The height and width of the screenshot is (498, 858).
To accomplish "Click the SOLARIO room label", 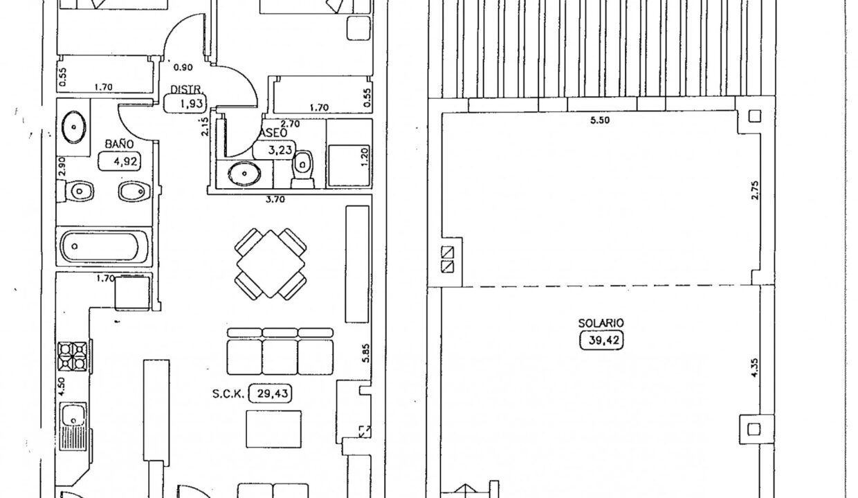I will pyautogui.click(x=601, y=323).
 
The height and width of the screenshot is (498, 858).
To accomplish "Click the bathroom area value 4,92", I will pyautogui.click(x=115, y=163).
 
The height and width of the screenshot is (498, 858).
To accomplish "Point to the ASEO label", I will pyautogui.click(x=270, y=132).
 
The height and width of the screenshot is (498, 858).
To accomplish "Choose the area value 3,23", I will pyautogui.click(x=275, y=149).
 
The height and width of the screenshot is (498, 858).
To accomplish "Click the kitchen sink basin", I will pyautogui.click(x=72, y=416).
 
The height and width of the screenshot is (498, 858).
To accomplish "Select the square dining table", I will pyautogui.click(x=271, y=264).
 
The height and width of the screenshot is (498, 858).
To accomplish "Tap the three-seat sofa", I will pyautogui.click(x=280, y=351).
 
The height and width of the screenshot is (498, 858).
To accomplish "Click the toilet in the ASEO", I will pyautogui.click(x=303, y=168).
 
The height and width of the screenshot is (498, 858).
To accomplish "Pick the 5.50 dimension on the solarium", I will pyautogui.click(x=599, y=120).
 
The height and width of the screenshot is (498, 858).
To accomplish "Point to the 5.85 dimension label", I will pyautogui.click(x=366, y=353).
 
